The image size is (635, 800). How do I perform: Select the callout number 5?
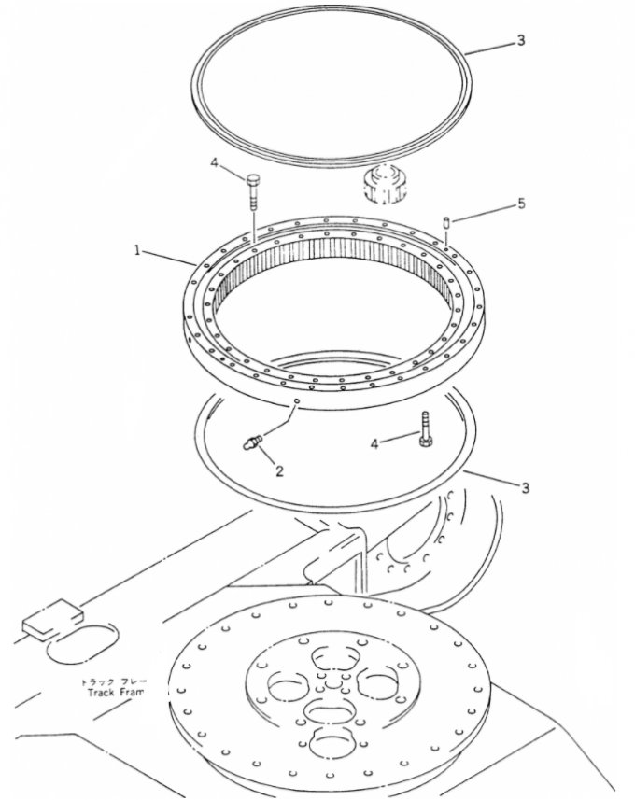point(521,204)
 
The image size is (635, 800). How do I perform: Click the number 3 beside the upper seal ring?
point(521,41)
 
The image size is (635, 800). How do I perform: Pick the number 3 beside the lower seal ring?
point(525,488)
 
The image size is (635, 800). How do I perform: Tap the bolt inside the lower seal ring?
point(427,429)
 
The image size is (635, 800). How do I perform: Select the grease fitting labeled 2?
point(251,440)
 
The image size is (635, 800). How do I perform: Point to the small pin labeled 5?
point(447,222)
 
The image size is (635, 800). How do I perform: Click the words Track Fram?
point(112,693)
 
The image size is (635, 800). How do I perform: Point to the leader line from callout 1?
point(169,256)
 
